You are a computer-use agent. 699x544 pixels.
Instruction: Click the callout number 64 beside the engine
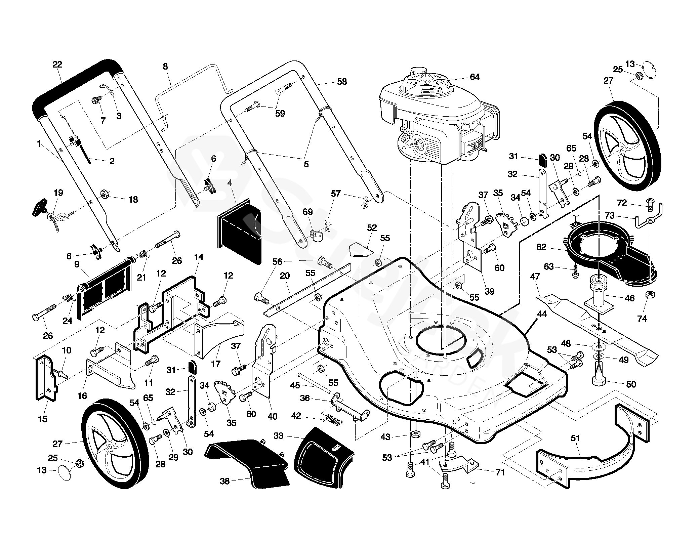click(x=474, y=77)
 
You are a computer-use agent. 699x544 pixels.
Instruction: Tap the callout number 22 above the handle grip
click(x=57, y=65)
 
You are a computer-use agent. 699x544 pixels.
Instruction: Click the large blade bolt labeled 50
click(x=599, y=376)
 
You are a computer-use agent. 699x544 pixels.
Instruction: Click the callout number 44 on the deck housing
click(x=542, y=314)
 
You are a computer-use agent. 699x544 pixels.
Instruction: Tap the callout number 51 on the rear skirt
click(x=575, y=438)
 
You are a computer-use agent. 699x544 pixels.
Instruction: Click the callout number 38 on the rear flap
click(x=224, y=481)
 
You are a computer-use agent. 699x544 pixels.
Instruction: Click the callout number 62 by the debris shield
click(x=541, y=247)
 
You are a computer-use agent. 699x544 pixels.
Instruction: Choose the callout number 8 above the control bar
click(x=165, y=67)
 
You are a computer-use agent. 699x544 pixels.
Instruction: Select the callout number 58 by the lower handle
click(x=341, y=82)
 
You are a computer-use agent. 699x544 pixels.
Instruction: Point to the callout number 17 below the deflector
click(x=215, y=364)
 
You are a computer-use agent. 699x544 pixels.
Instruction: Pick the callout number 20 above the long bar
click(x=285, y=276)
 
